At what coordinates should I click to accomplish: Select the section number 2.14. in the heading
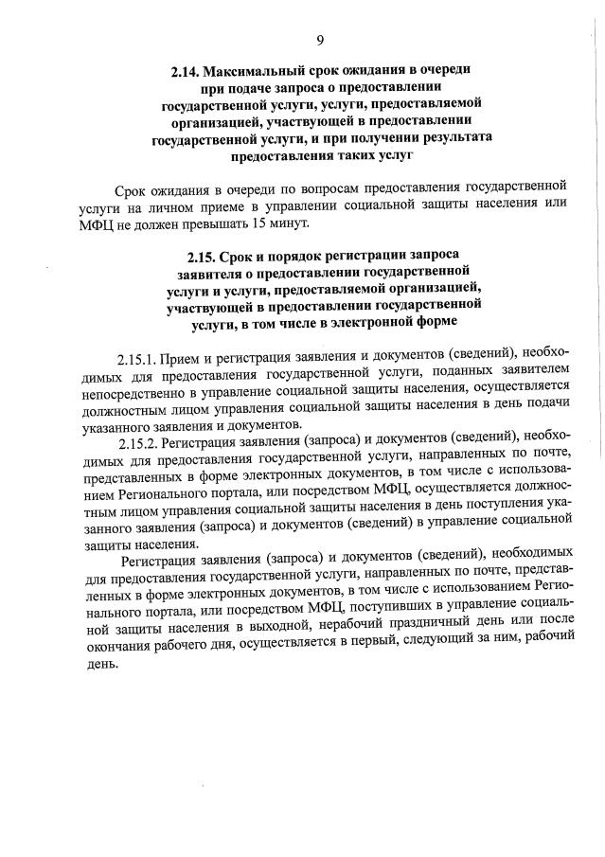187,70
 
